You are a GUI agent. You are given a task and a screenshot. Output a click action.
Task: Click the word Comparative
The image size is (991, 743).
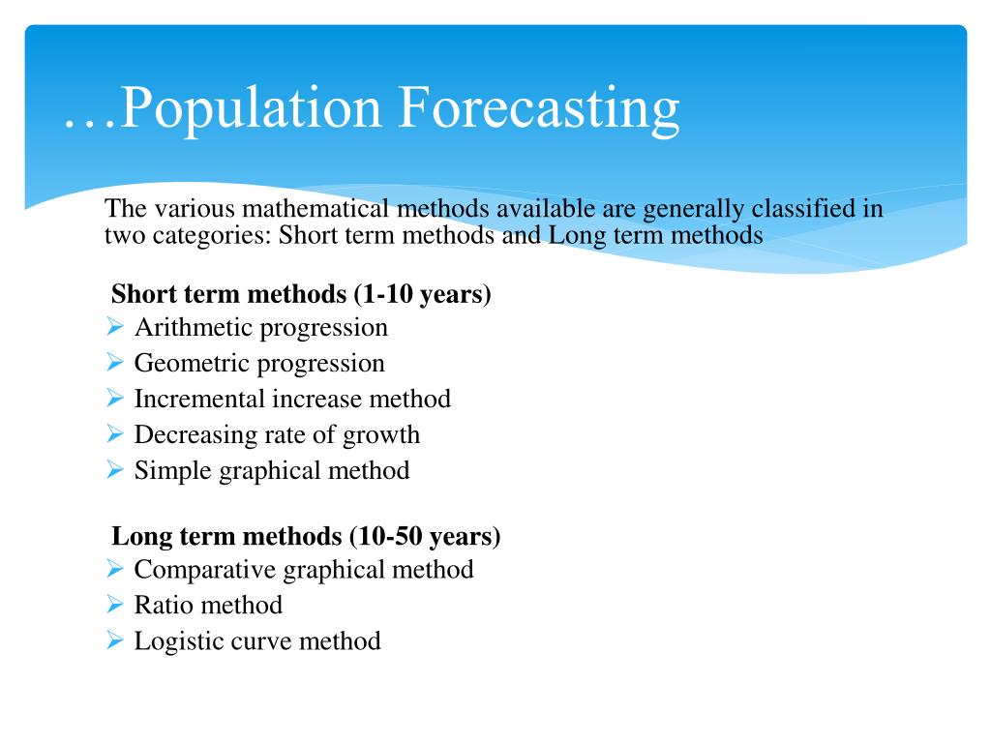[205, 569]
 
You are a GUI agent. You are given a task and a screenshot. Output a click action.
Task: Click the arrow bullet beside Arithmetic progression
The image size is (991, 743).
[115, 327]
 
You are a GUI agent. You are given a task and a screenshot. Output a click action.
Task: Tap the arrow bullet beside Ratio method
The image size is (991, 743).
[115, 605]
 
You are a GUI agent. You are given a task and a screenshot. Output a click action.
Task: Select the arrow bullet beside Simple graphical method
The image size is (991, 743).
[115, 470]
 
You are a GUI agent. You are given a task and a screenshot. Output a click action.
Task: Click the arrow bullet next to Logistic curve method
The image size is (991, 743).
[115, 640]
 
